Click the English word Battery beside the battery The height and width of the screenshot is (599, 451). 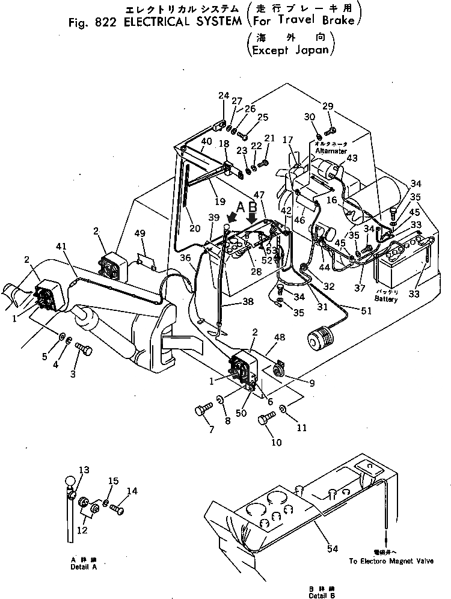click(385, 298)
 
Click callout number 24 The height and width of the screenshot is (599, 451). click(224, 95)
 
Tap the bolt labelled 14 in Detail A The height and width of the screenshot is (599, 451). click(118, 509)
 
